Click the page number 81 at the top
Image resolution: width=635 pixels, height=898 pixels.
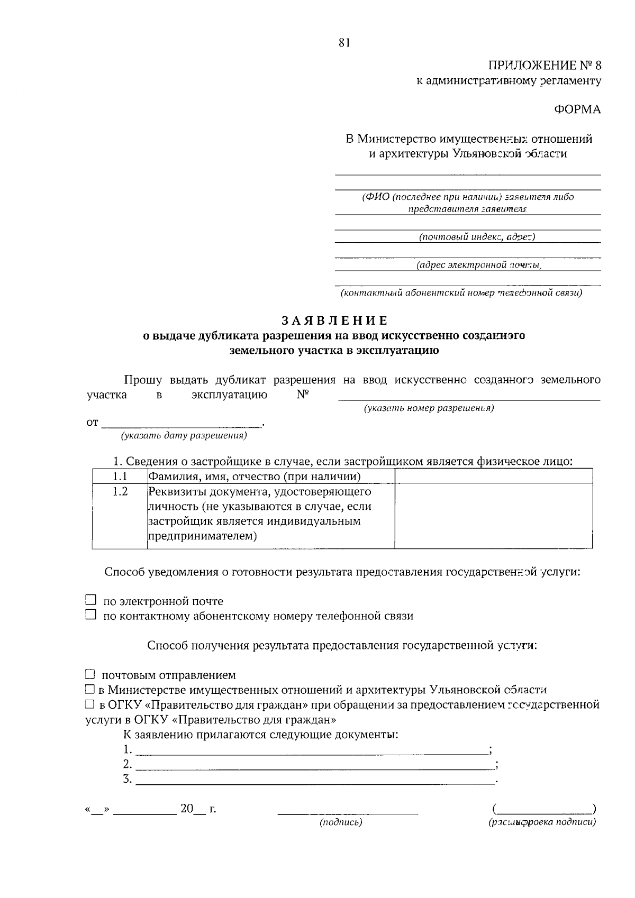[x=344, y=43]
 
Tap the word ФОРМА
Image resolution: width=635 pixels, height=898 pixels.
[x=577, y=109]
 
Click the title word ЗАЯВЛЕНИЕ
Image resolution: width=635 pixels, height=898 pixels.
[x=334, y=320]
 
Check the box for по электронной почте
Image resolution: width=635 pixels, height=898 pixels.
[x=91, y=600]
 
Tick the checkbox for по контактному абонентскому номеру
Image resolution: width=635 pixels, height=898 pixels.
[x=91, y=615]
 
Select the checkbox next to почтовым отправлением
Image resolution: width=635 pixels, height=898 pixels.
[x=90, y=675]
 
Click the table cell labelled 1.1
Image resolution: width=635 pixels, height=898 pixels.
[x=120, y=477]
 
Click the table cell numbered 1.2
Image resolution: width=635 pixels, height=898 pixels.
[x=120, y=492]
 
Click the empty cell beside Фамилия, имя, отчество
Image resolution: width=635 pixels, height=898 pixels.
[x=493, y=477]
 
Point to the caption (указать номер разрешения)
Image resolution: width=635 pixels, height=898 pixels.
[x=429, y=408]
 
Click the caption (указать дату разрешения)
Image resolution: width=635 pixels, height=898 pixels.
[x=184, y=436]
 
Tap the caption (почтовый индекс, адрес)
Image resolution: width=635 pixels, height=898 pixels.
[x=477, y=236]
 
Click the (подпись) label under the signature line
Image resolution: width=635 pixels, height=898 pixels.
[x=341, y=822]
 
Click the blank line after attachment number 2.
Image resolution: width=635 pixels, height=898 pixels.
[x=314, y=764]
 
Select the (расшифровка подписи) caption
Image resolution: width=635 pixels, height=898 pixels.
[x=542, y=822]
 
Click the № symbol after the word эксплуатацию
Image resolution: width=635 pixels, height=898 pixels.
[x=303, y=395]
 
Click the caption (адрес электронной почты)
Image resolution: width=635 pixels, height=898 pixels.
[x=479, y=264]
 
